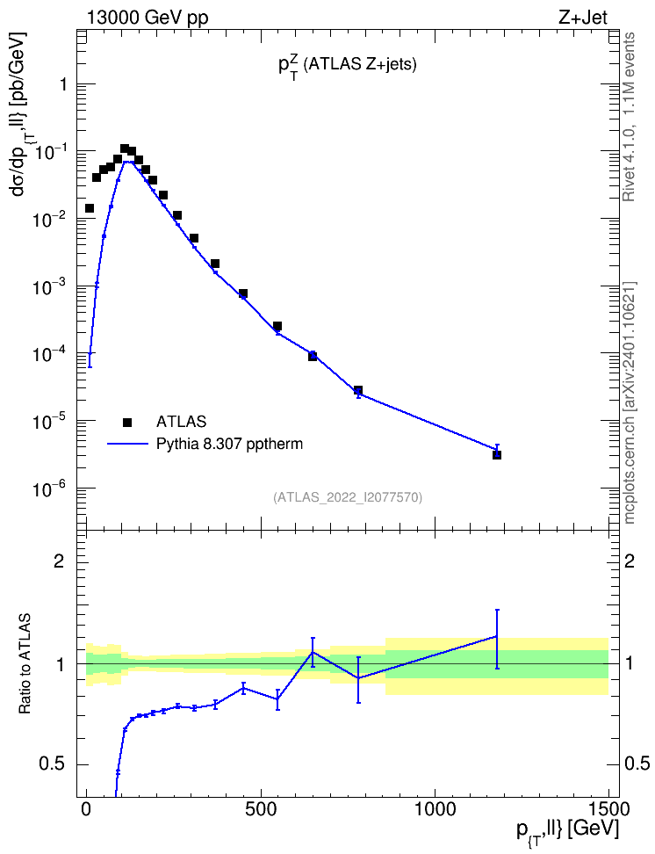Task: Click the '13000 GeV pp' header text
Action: coord(147,18)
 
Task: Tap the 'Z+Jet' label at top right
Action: coord(582,18)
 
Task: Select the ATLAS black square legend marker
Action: coord(126,422)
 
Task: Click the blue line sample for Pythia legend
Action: coord(127,445)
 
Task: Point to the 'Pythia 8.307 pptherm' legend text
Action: coord(229,445)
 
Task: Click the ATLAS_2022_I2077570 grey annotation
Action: coord(348,496)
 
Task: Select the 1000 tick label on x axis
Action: coord(435,809)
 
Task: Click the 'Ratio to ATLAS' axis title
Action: coord(25,663)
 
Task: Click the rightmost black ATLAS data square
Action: coord(497,455)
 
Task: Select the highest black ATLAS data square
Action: coord(124,148)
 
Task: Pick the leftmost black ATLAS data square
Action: coord(90,208)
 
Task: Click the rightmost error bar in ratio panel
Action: coord(497,639)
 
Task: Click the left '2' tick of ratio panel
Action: coord(58,561)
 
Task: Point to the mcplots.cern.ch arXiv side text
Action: coord(630,402)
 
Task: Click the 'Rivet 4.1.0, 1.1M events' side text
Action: coord(629,117)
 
